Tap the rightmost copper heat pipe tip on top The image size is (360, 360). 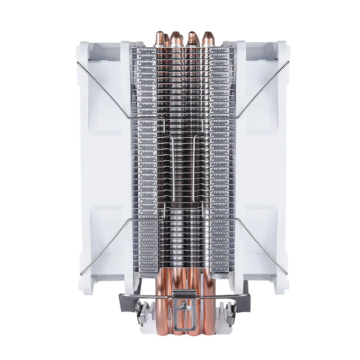(208, 37)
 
